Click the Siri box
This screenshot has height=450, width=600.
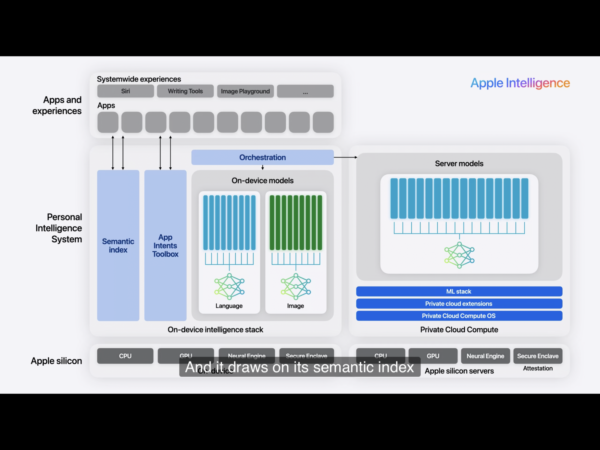125,91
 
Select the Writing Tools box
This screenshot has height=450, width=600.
185,91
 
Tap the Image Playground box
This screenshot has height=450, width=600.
245,91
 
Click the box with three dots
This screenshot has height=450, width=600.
305,91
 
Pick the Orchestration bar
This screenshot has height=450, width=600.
262,157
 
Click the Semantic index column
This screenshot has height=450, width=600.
118,245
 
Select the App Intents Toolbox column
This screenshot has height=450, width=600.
165,245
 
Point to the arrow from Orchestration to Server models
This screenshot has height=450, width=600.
345,157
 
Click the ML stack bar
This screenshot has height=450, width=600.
459,291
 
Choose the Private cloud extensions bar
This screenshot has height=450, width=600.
459,304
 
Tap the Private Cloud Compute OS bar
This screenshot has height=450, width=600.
459,316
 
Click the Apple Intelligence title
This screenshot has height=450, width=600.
520,83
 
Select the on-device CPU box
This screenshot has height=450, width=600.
125,356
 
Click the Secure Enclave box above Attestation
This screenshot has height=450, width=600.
538,356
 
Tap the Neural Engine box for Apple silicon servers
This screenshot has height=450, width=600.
485,356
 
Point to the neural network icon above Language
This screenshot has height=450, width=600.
229,286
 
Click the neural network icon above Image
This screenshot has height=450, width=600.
296,286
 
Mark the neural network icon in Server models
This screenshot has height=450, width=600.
459,255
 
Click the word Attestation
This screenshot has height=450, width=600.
538,368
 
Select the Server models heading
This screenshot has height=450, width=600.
459,163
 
